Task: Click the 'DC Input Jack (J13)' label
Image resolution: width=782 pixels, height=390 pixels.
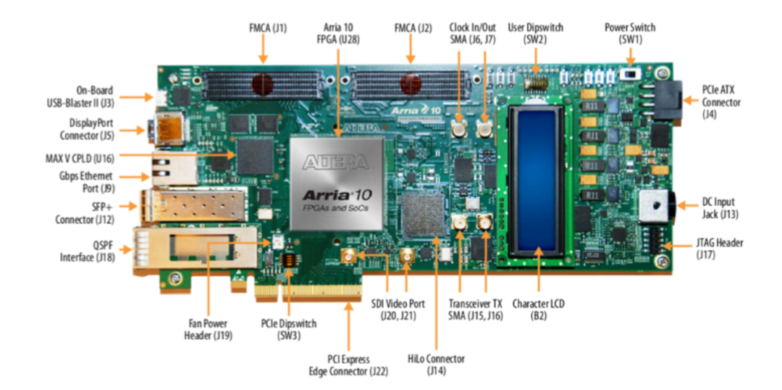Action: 723,209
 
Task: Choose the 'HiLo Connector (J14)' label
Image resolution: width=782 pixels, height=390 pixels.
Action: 436,365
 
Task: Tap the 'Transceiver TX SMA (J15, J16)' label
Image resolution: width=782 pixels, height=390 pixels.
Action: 477,309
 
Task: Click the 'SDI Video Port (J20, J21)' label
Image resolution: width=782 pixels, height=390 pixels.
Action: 396,309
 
